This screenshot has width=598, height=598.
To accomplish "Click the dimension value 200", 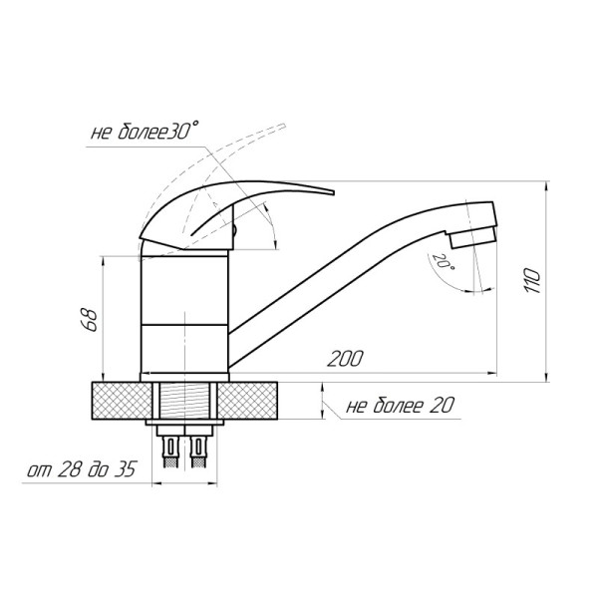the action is coord(346,359).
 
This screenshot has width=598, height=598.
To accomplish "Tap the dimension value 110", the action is coord(532,281).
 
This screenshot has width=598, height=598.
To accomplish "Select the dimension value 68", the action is coord(90,319).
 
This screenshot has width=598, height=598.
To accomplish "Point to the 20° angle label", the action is coord(443,261).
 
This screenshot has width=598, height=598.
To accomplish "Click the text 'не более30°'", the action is coord(145,131).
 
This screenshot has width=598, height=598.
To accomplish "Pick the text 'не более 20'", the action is coord(400,406).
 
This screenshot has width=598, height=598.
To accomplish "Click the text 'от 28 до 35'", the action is coord(82,469).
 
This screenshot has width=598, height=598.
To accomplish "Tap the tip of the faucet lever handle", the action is coord(333,192).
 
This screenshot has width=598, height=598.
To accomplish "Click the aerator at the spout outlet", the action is coord(472,237).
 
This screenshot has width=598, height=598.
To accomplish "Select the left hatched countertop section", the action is coord(122,401).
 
